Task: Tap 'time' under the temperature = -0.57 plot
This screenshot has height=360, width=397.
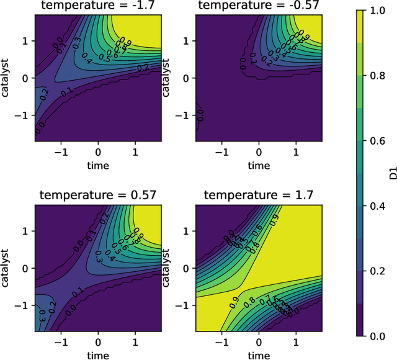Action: tap(259, 166)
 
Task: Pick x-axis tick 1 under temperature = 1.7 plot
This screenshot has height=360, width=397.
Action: tap(296, 341)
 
